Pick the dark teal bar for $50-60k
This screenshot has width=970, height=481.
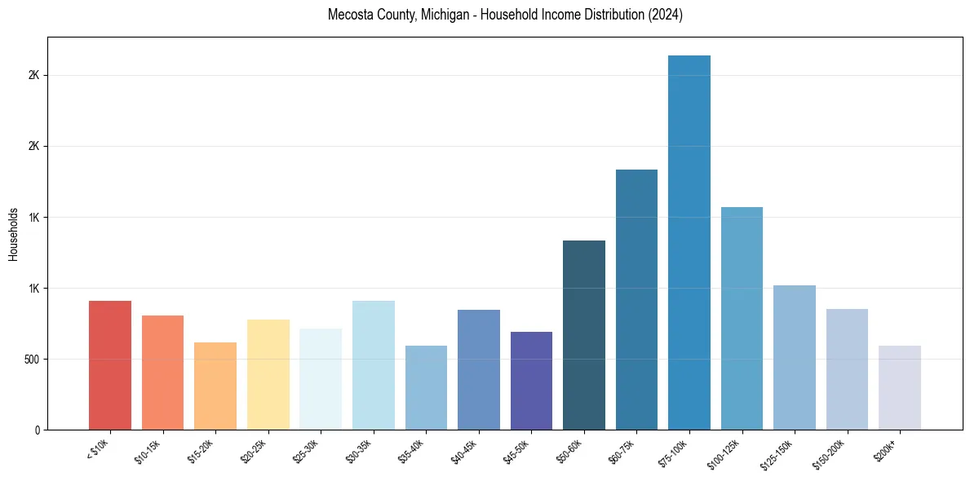[x=584, y=335]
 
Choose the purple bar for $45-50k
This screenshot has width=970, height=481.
[x=531, y=381]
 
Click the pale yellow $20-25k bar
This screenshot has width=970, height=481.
[x=268, y=375]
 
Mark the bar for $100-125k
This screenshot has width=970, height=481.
[x=742, y=319]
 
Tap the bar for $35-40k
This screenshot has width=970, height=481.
[x=426, y=388]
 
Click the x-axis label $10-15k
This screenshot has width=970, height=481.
[x=148, y=450]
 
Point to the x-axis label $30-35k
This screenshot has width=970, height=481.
[x=359, y=450]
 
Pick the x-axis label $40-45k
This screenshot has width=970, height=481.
[x=464, y=450]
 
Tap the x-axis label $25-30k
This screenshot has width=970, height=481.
[x=306, y=450]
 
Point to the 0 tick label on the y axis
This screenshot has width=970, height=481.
[x=38, y=430]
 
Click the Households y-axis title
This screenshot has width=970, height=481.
[x=14, y=234]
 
